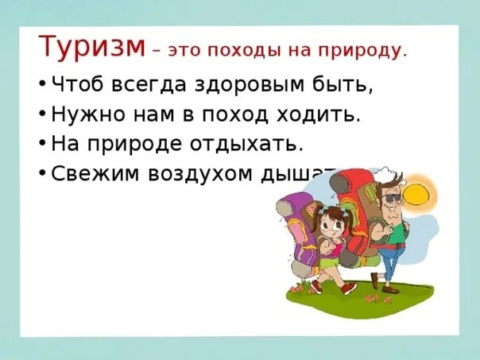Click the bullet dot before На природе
pos(41,144)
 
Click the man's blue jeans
pos(387,262)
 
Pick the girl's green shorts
pos(331,261)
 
